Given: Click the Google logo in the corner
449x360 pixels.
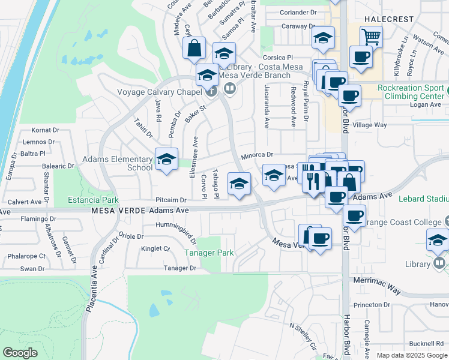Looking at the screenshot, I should click(x=20, y=353).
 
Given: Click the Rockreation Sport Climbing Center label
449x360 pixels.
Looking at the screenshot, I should click(x=412, y=92).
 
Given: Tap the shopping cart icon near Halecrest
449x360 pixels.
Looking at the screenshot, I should click(x=372, y=38).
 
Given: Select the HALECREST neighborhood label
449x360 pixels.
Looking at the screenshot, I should click(x=388, y=19).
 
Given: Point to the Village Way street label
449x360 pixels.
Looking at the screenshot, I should click(x=370, y=125).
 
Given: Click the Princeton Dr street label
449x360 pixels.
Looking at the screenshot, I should click(x=372, y=305).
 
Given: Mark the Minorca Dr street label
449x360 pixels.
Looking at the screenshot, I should click(x=257, y=155).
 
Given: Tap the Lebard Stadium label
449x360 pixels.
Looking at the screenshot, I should click(x=428, y=199).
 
